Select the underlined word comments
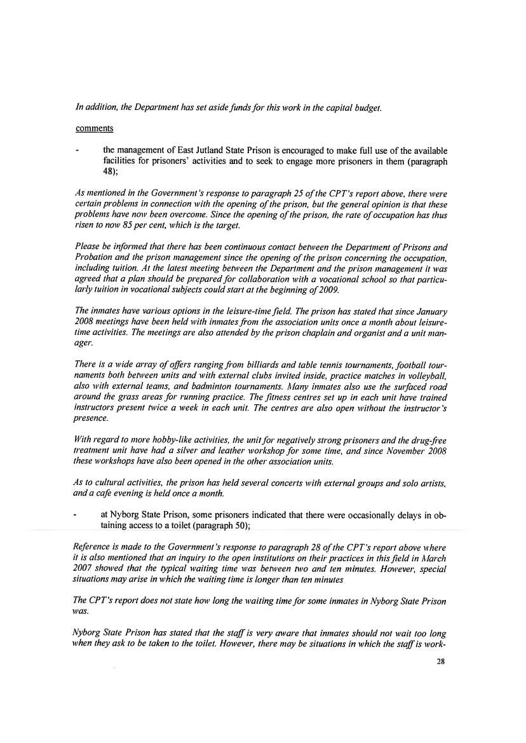[x=95, y=128]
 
